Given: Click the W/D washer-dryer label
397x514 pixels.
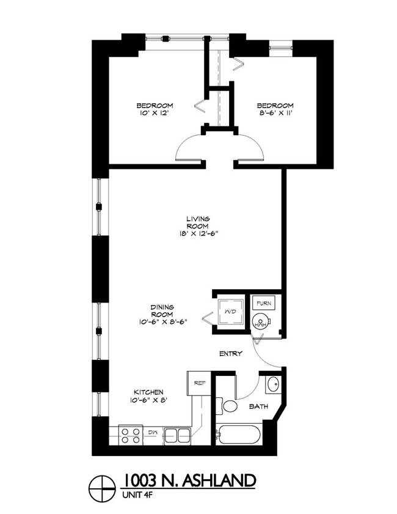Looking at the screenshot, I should pos(230,312).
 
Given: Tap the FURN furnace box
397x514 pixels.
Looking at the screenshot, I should pos(263,303).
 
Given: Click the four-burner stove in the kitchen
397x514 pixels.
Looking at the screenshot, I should pos(129,435).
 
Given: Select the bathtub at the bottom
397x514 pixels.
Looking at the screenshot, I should pos(240,436).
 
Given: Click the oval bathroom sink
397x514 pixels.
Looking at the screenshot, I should pos(272,386).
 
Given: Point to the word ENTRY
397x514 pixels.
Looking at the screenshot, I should pos(231,353).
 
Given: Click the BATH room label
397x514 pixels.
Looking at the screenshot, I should pos(258,405).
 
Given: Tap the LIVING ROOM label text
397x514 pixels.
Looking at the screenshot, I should pos(198,223).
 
